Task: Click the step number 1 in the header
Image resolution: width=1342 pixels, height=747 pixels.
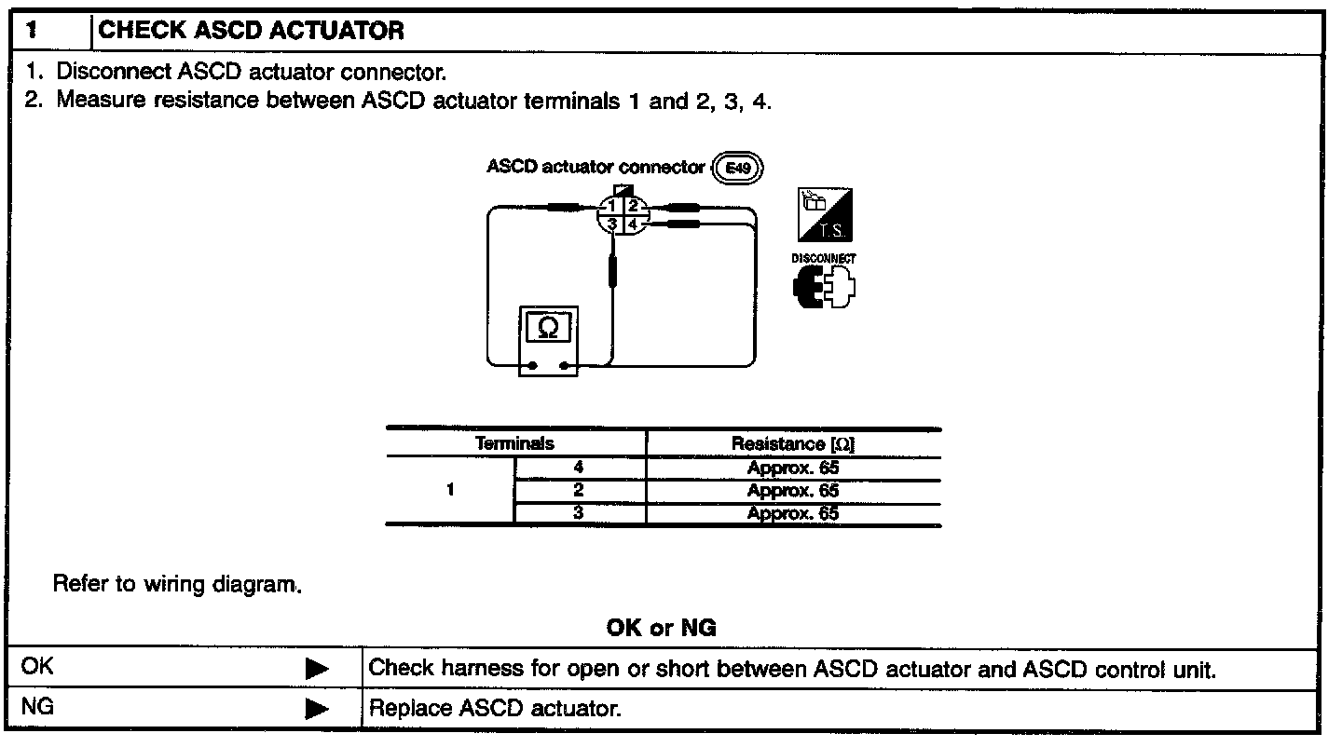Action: click(x=31, y=30)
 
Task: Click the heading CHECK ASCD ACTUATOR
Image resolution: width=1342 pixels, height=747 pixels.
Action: click(x=252, y=30)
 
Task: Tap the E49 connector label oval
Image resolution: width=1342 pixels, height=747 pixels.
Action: click(x=737, y=168)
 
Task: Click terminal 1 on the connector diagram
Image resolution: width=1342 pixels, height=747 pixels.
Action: click(x=612, y=206)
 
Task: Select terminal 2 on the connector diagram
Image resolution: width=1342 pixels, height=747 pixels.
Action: click(x=633, y=206)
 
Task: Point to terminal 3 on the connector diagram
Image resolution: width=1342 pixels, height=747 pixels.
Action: click(x=612, y=224)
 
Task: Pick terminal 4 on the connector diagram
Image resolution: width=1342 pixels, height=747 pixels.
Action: click(x=633, y=224)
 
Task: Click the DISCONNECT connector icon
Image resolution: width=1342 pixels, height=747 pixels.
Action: click(x=824, y=287)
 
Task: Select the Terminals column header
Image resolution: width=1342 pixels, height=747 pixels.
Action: click(x=514, y=444)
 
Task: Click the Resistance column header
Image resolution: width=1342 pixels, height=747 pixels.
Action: click(x=793, y=444)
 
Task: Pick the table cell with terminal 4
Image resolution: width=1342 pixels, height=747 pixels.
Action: click(x=579, y=468)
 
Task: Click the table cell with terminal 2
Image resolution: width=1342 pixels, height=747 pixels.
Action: click(x=579, y=491)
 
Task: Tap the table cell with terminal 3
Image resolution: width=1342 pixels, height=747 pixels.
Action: click(x=579, y=513)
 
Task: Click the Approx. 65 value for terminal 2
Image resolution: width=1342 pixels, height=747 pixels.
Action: click(x=793, y=491)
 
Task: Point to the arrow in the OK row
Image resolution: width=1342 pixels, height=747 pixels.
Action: click(x=318, y=669)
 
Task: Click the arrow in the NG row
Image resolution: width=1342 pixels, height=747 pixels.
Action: click(x=318, y=709)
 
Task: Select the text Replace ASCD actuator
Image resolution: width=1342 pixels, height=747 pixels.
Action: click(x=495, y=709)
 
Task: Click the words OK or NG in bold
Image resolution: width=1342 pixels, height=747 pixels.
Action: click(x=662, y=629)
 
